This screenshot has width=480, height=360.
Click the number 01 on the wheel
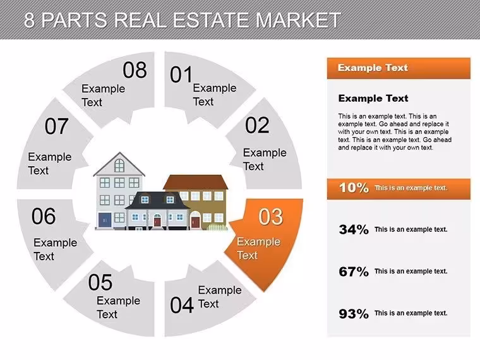click(181, 75)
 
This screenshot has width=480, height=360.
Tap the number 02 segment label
click(257, 125)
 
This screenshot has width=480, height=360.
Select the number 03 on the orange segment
click(270, 217)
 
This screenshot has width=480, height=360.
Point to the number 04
click(182, 305)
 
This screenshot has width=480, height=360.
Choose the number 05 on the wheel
click(100, 282)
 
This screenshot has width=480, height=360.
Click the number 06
click(44, 216)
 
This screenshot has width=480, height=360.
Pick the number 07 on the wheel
click(56, 126)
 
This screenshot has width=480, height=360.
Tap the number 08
click(135, 70)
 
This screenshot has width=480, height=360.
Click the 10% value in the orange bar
click(354, 188)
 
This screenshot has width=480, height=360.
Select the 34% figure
click(354, 229)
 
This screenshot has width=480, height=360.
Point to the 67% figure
click(354, 271)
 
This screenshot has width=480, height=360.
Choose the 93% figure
click(354, 313)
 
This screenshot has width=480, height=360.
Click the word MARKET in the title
click(298, 20)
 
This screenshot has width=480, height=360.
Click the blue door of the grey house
click(105, 220)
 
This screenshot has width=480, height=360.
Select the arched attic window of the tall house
click(119, 165)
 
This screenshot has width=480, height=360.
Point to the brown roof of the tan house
click(196, 183)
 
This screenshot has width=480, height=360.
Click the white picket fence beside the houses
click(217, 227)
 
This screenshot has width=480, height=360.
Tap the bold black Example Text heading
click(373, 98)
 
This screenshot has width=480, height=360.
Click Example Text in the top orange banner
click(373, 68)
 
